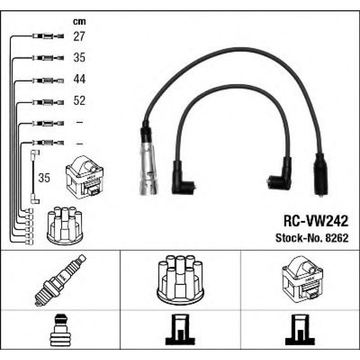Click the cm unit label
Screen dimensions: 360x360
pos(79,21)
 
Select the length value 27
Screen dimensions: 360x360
pos(79,37)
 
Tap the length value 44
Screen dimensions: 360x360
pos(79,80)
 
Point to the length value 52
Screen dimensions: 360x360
pos(79,101)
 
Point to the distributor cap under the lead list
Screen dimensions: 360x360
pos(65,225)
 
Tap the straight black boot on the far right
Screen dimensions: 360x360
pos(319,174)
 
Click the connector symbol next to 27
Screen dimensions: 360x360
pos(48,37)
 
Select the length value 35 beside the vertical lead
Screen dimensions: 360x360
pos(44,178)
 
